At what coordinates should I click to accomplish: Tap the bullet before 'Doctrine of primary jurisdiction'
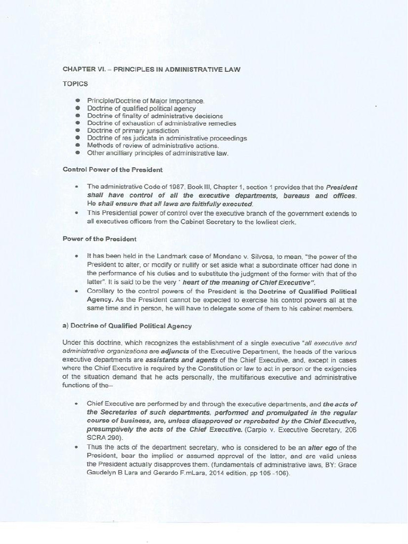pos(78,131)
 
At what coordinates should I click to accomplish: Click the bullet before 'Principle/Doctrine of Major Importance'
pos(78,101)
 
